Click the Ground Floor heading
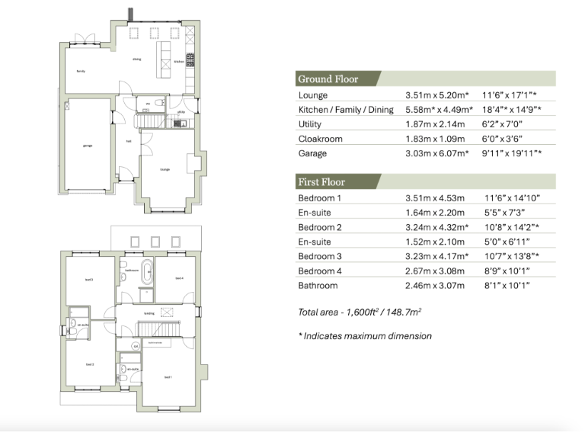[x=328, y=79]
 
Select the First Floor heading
[x=321, y=182]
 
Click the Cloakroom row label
[x=321, y=139]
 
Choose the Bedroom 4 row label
[x=323, y=271]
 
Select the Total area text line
[x=361, y=312]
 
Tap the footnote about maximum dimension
[x=365, y=336]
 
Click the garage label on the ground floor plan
[x=88, y=145]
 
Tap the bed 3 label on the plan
[x=88, y=280]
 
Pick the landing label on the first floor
[x=149, y=312]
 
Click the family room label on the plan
[x=80, y=71]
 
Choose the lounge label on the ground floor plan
[x=165, y=169]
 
